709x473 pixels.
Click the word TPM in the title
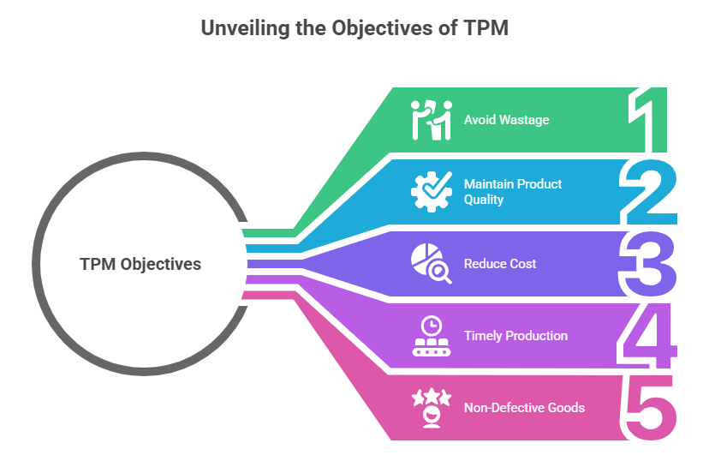[486, 27]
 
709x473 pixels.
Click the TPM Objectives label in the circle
[140, 264]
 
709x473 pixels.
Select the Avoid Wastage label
[506, 119]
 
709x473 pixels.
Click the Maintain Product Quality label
[513, 191]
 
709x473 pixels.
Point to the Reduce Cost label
[500, 263]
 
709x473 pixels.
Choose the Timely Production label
[515, 335]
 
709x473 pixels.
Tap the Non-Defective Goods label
[524, 407]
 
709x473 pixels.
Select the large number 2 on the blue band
[648, 192]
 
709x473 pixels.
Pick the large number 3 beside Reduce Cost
[647, 264]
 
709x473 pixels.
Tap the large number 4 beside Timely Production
[647, 335]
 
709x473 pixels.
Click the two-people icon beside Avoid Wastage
[432, 120]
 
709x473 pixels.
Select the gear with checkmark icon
[432, 191]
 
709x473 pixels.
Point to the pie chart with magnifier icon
[432, 263]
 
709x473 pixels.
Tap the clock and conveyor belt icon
[432, 335]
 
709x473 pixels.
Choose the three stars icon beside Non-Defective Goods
[432, 407]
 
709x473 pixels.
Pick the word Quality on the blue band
[483, 200]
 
